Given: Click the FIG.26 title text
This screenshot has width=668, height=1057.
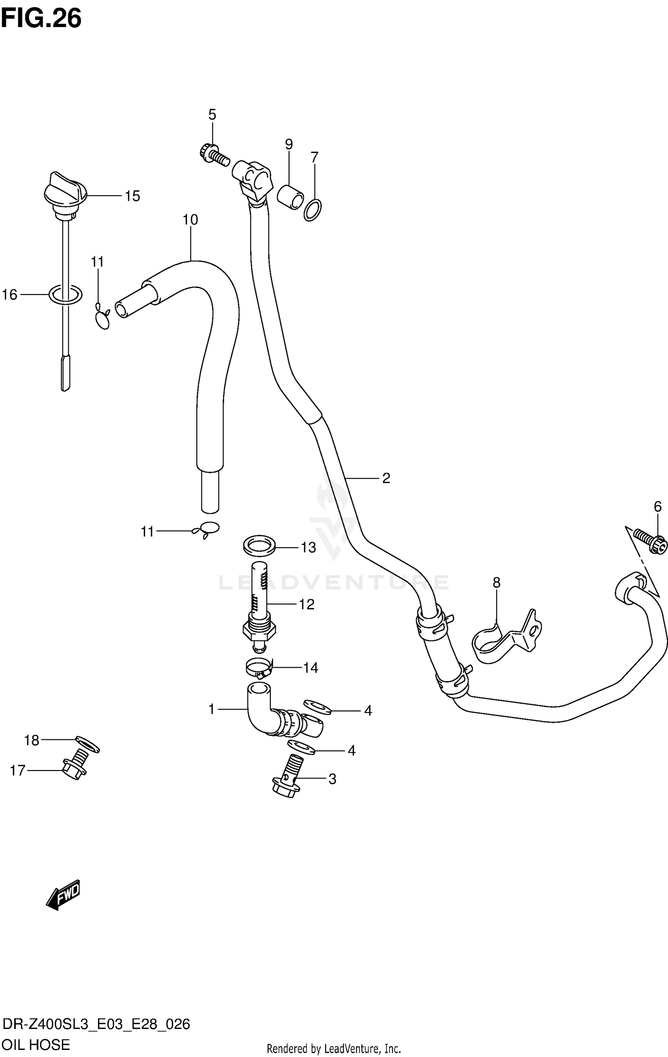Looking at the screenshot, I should click(41, 19).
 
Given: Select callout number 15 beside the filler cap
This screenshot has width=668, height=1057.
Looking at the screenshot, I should click(132, 196).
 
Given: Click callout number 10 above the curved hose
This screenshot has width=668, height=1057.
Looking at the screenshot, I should click(190, 220).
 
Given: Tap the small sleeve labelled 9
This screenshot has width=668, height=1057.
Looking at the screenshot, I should click(290, 197).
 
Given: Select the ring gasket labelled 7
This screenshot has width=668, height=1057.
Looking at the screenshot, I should click(313, 210).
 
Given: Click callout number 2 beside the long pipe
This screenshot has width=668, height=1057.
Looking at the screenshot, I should click(386, 478).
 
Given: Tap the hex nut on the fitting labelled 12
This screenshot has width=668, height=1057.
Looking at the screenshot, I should click(259, 629).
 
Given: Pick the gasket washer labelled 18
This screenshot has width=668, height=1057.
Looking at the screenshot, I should click(88, 744).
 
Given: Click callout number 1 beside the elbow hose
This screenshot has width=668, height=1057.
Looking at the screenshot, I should click(212, 709).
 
